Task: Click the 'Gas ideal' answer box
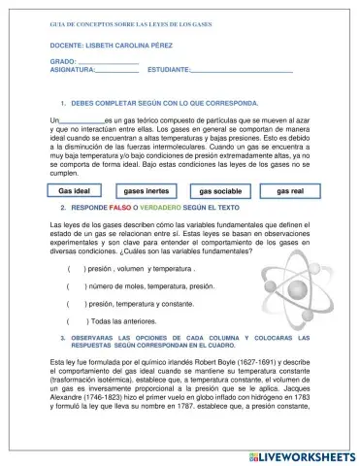pyautogui.click(x=76, y=191)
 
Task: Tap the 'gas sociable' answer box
pyautogui.click(x=220, y=191)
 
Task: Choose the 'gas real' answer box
pyautogui.click(x=290, y=191)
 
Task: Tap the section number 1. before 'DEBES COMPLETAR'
pyautogui.click(x=62, y=102)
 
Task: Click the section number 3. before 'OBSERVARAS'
pyautogui.click(x=62, y=338)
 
